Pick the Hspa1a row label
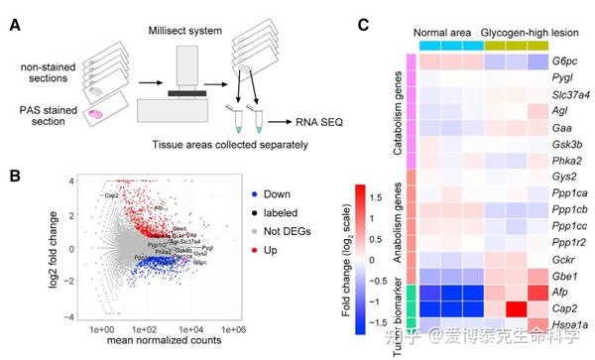[565, 327]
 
